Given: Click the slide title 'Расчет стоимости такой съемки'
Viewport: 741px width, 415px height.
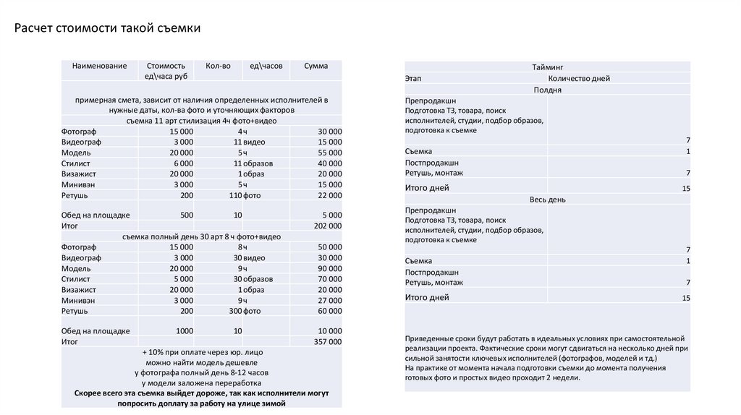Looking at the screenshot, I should [109, 28].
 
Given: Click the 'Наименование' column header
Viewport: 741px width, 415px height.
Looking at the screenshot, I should [99, 66].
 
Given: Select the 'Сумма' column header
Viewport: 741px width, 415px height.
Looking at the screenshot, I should [316, 66].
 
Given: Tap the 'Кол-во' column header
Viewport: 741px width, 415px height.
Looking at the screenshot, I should [218, 66].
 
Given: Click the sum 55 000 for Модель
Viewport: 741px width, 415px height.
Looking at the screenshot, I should [329, 153].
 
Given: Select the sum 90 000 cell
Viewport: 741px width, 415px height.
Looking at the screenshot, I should [329, 268].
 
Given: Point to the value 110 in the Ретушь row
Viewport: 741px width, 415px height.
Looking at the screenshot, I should [234, 196].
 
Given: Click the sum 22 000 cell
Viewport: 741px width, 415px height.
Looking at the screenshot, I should [329, 196].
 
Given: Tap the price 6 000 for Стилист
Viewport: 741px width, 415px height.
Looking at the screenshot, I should [182, 164].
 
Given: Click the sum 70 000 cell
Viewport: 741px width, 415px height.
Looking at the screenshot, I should [329, 279].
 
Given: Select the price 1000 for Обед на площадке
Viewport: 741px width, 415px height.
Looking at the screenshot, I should [184, 330].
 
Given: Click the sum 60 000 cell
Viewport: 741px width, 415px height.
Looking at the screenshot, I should [329, 311].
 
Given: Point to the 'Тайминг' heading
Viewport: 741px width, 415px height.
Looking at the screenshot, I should [547, 67].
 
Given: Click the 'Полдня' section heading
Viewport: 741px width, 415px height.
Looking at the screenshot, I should [547, 90].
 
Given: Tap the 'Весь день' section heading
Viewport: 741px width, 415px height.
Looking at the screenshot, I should [547, 200].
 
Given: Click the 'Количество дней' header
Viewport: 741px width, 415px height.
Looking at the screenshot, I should [579, 78].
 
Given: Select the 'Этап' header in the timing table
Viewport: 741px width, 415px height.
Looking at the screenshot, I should [413, 78].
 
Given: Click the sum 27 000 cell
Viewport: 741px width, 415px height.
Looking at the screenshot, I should [329, 301].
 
